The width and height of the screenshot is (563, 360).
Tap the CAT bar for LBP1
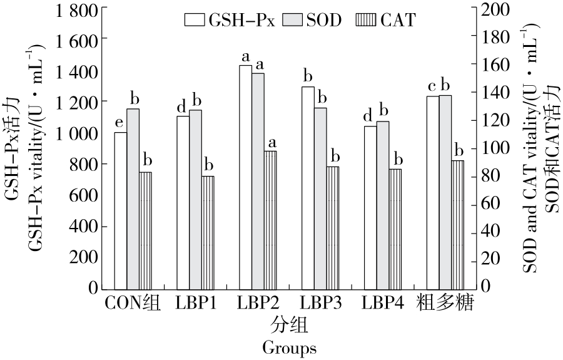point(208,232)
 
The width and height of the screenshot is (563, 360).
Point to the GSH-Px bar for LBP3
point(308,187)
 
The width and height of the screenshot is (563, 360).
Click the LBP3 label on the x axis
point(320,305)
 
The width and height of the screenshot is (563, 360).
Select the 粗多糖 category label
point(445,305)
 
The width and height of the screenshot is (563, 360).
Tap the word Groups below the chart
point(289,347)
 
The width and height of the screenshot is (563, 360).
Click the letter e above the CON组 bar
point(119,121)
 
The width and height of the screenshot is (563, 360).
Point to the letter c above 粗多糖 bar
point(432,86)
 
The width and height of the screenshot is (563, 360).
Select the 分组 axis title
point(289,326)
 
